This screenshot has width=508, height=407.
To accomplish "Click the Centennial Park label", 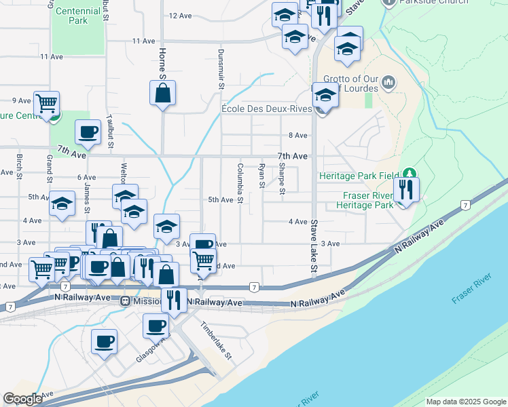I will (x=77, y=16).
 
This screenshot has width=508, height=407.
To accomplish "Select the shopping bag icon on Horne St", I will (x=163, y=94).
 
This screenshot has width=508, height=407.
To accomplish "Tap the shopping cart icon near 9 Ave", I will (x=47, y=104).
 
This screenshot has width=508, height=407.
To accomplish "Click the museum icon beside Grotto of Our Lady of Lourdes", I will (x=388, y=83).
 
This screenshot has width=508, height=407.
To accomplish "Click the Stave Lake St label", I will (x=314, y=246).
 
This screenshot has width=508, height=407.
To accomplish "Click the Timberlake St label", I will (x=217, y=340).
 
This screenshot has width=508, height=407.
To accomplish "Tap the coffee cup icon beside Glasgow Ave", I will (x=105, y=341).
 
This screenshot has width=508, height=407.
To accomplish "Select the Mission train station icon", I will (x=125, y=301).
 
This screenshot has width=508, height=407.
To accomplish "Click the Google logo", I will (x=23, y=400).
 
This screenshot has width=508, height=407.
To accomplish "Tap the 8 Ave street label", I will (x=298, y=136).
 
